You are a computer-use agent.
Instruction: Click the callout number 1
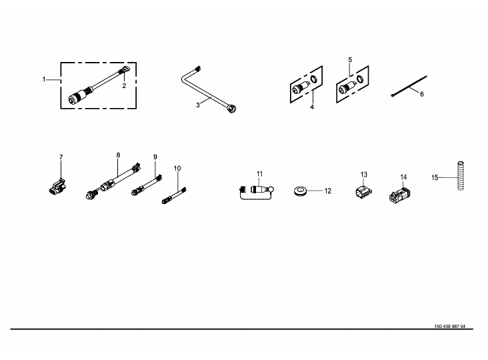(x=44, y=79)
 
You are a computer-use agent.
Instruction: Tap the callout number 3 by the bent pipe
(x=198, y=105)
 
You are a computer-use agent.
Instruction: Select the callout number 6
(x=422, y=94)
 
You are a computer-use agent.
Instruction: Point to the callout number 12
(x=328, y=191)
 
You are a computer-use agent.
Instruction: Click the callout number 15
(x=435, y=177)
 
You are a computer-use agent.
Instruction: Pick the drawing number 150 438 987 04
(x=450, y=327)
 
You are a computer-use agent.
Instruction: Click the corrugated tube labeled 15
(x=460, y=175)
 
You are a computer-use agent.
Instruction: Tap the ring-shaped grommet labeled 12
(x=300, y=191)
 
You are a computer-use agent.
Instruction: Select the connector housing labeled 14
(x=399, y=195)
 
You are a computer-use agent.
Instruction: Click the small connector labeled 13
(x=363, y=192)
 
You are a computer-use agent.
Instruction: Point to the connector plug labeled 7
(x=58, y=187)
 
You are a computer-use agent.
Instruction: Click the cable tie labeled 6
(x=409, y=86)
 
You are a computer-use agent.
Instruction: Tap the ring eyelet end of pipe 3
(x=231, y=108)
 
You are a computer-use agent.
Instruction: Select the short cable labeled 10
(x=174, y=195)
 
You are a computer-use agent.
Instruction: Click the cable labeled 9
(x=147, y=185)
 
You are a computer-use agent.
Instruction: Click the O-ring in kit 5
(x=360, y=79)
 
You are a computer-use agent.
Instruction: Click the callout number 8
(x=118, y=155)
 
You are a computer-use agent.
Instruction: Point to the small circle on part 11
(x=271, y=189)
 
